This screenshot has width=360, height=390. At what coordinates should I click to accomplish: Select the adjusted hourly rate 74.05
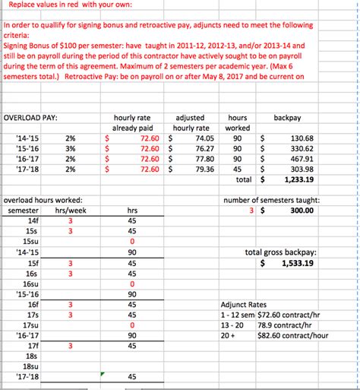coord(200,138)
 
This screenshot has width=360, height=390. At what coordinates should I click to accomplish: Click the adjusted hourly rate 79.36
coord(200,170)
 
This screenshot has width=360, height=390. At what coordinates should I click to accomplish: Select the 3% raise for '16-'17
coord(71,159)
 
